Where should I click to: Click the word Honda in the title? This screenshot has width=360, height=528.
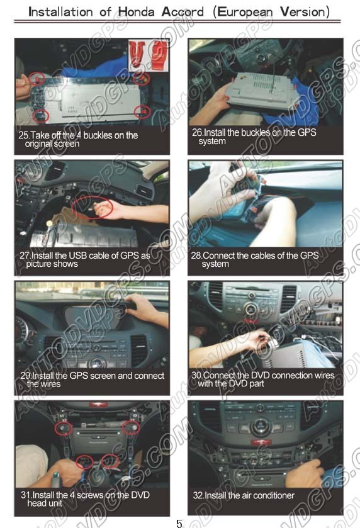136,12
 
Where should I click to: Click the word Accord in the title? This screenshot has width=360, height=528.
183,12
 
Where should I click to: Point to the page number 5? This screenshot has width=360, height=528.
179,523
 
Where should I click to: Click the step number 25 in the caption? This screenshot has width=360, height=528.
23,135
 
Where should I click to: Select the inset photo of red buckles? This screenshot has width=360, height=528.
148,55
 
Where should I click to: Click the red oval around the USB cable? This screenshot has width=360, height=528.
92,208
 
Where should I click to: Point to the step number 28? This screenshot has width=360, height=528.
196,256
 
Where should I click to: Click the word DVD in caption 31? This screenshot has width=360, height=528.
140,495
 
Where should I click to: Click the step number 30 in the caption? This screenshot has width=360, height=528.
196,375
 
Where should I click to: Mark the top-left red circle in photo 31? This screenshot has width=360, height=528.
64,429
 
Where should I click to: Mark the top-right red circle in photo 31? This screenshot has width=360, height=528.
131,428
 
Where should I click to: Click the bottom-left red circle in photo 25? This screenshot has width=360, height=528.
41,116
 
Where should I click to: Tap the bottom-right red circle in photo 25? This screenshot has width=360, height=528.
142,112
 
